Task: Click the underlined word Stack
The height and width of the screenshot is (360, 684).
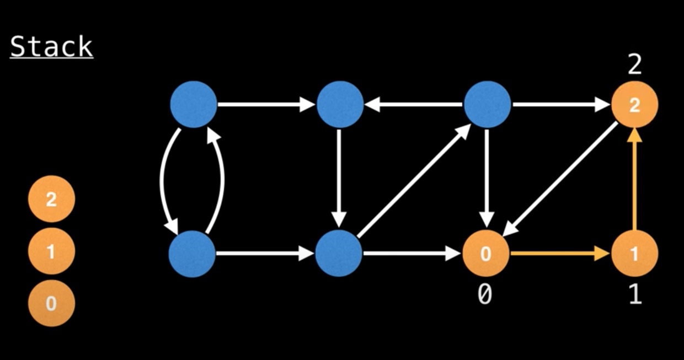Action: pyautogui.click(x=51, y=47)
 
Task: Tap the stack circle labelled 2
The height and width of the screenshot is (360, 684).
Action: pyautogui.click(x=51, y=199)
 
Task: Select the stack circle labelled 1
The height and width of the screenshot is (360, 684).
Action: pyautogui.click(x=51, y=251)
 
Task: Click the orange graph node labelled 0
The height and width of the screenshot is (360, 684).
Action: pyautogui.click(x=485, y=254)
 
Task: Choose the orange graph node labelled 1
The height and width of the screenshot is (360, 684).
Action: pyautogui.click(x=634, y=254)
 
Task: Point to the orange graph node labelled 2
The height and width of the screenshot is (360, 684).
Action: pyautogui.click(x=634, y=105)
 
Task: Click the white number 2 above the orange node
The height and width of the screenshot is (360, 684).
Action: pyautogui.click(x=635, y=66)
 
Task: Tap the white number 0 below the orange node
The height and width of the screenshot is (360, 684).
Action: pyautogui.click(x=485, y=295)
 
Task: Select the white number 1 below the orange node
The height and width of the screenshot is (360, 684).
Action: pyautogui.click(x=635, y=295)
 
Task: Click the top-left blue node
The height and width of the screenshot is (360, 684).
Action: pyautogui.click(x=193, y=104)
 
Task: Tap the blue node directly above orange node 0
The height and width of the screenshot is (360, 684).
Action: pyautogui.click(x=487, y=104)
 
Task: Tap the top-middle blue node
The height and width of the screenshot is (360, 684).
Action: pyautogui.click(x=340, y=104)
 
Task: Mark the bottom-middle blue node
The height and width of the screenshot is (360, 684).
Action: pyautogui.click(x=339, y=254)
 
